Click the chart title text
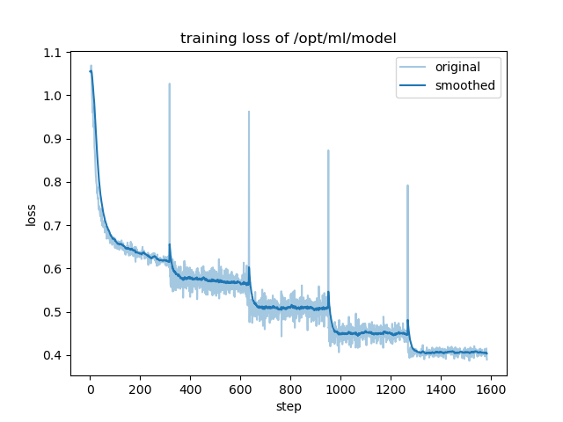(288, 39)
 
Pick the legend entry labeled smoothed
(464, 86)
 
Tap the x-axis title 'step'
(289, 407)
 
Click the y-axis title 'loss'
(31, 215)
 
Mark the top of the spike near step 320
(170, 84)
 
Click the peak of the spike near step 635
(249, 112)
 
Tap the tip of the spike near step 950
(328, 150)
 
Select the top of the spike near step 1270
(407, 186)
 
